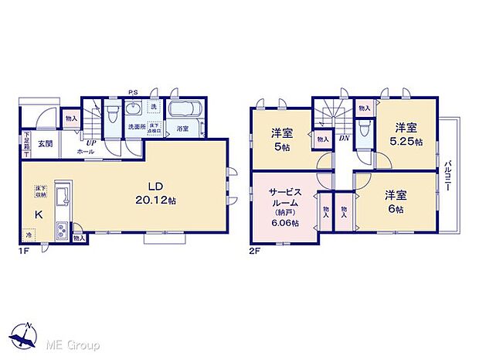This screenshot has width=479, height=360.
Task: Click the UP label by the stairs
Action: (91, 143)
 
